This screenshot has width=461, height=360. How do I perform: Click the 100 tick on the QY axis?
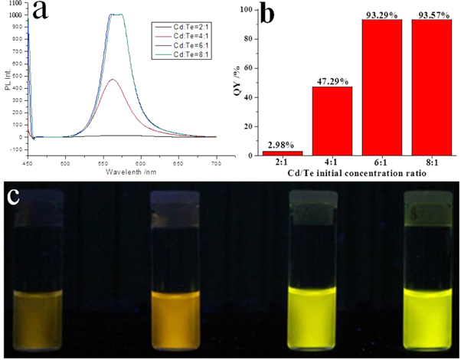coord(248,10)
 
